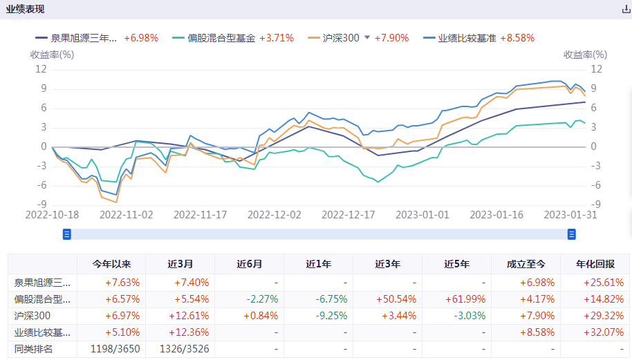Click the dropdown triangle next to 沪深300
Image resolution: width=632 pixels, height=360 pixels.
pos(367,38)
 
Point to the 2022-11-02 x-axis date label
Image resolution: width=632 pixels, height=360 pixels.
pos(127,215)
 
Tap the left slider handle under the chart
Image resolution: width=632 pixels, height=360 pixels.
pos(67,234)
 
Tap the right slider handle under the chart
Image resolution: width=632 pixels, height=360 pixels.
pos(572,234)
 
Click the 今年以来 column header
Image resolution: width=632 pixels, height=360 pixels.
pos(111,265)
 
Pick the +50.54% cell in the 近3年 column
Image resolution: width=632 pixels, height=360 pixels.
pos(387,299)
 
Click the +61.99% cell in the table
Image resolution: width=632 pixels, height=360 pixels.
pos(456,299)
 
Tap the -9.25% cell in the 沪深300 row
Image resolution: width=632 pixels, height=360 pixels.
pos(318,316)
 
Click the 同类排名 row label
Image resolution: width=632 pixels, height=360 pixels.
pos(33,349)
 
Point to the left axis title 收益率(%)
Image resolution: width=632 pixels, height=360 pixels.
pos(52,55)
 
